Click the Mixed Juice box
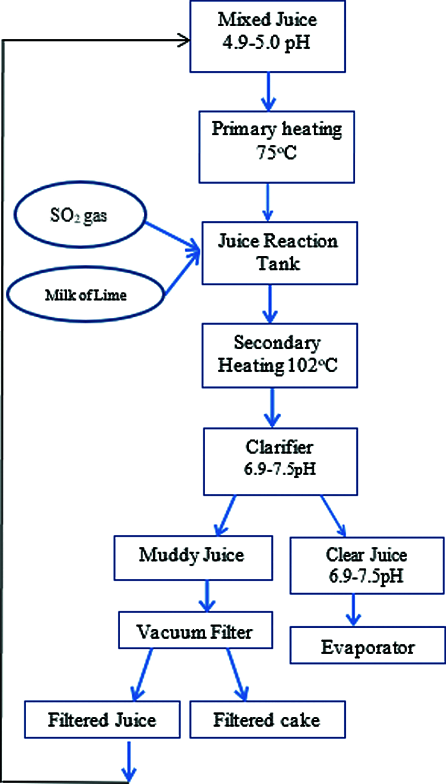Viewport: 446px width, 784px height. tap(267, 36)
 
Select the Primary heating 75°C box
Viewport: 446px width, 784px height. tap(277, 147)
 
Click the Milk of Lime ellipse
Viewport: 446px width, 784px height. tap(86, 295)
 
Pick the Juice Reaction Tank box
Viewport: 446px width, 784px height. tap(280, 253)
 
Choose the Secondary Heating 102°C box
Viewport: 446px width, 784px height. tap(280, 356)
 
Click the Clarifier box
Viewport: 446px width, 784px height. tap(280, 461)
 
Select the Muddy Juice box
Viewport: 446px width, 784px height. tap(193, 557)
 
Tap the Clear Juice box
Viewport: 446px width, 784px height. tap(367, 565)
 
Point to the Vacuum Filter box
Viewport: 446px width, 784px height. tap(195, 630)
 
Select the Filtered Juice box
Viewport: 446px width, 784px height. tap(102, 719)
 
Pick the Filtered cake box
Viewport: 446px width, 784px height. tap(267, 719)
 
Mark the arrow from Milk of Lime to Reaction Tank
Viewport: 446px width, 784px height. tap(181, 273)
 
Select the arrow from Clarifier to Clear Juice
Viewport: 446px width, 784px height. tap(333, 516)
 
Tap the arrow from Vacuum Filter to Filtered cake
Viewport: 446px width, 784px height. tap(237, 674)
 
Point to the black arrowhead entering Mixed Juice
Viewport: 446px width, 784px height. tap(184, 40)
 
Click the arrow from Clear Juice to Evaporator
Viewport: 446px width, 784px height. tap(353, 609)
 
